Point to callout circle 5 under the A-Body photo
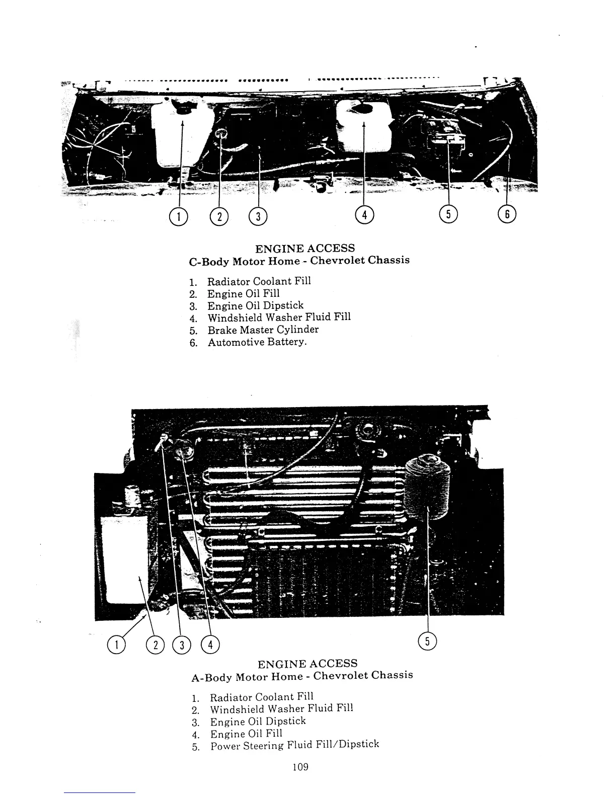[x=428, y=641]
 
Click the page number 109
[x=299, y=767]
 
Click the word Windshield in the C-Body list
[x=235, y=318]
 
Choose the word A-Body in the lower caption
[x=211, y=677]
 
